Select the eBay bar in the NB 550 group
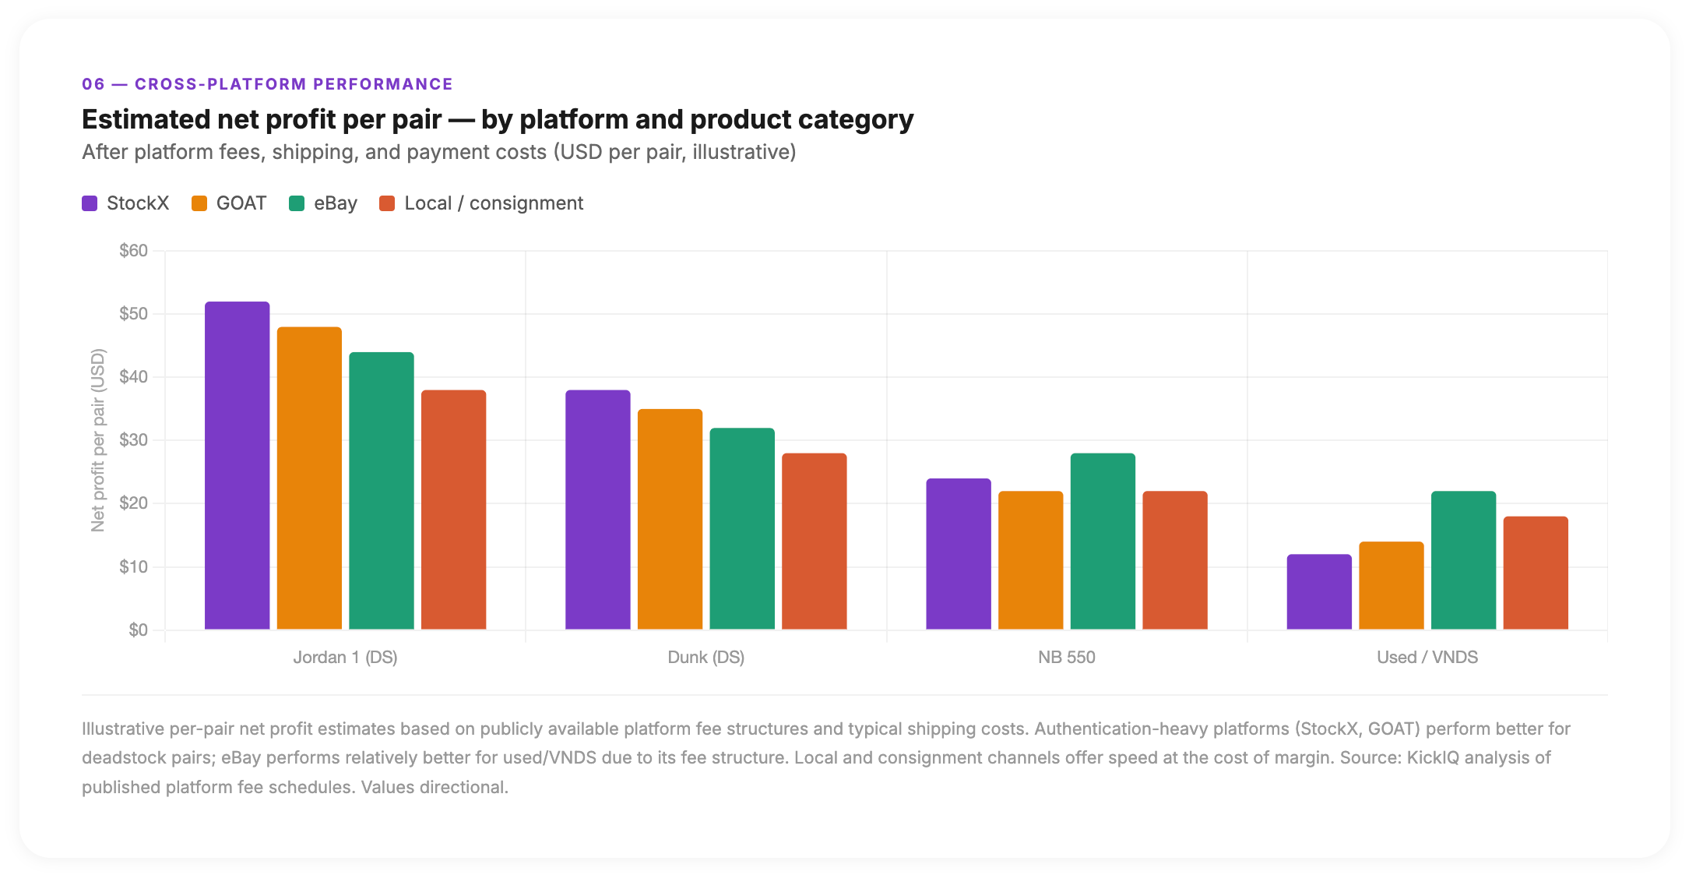pos(1103,541)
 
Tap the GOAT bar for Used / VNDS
pos(1391,585)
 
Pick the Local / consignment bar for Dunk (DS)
pos(814,541)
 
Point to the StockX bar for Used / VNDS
pos(1319,591)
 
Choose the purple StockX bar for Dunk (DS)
pos(597,510)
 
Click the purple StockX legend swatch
pos(90,203)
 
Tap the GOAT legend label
pos(241,203)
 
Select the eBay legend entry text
pos(335,203)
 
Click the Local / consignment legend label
pos(493,203)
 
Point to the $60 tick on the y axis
pos(133,251)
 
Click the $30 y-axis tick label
pos(133,440)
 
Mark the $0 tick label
pos(138,630)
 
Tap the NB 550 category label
pos(1066,657)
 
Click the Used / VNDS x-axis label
pos(1427,657)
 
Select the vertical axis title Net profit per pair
pos(97,440)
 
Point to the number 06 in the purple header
pos(93,84)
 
